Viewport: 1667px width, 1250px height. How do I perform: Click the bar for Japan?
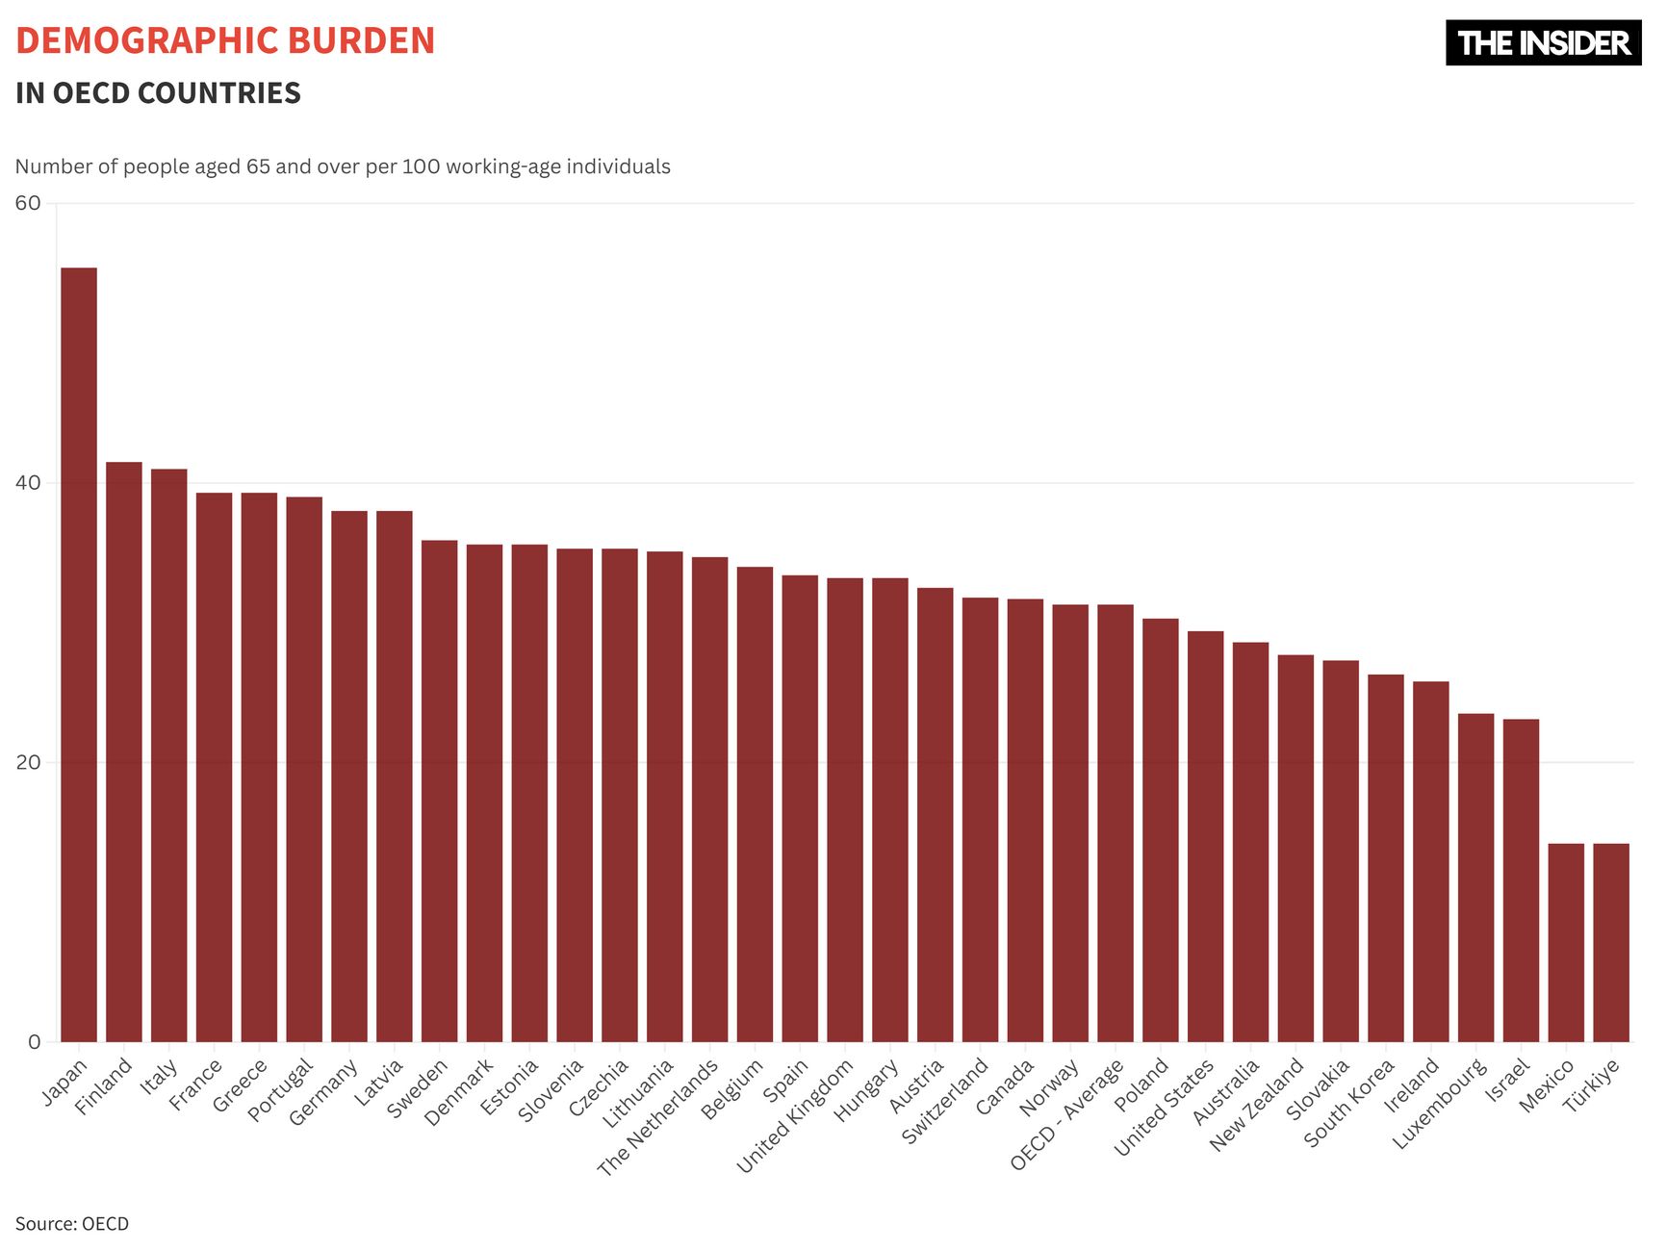(x=79, y=654)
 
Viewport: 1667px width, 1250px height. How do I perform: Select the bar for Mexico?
(x=1566, y=943)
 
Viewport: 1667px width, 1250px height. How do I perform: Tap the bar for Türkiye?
(x=1611, y=943)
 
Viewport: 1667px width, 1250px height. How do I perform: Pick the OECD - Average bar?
(x=1116, y=823)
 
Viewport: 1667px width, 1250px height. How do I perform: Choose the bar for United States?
(x=1206, y=836)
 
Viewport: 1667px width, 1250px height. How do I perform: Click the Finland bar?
(x=124, y=752)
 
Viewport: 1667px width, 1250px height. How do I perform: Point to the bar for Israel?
(x=1521, y=880)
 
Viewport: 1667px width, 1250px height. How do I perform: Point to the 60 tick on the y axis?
(x=28, y=203)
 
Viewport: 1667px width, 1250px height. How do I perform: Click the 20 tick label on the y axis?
(x=28, y=762)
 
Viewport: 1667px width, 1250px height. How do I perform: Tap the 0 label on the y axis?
(x=35, y=1042)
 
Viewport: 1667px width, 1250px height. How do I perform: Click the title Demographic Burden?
(x=225, y=41)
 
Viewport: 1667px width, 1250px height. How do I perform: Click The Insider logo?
(x=1543, y=43)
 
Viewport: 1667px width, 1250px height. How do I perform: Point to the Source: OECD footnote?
(x=72, y=1224)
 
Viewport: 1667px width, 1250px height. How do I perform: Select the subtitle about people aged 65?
(x=343, y=166)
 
